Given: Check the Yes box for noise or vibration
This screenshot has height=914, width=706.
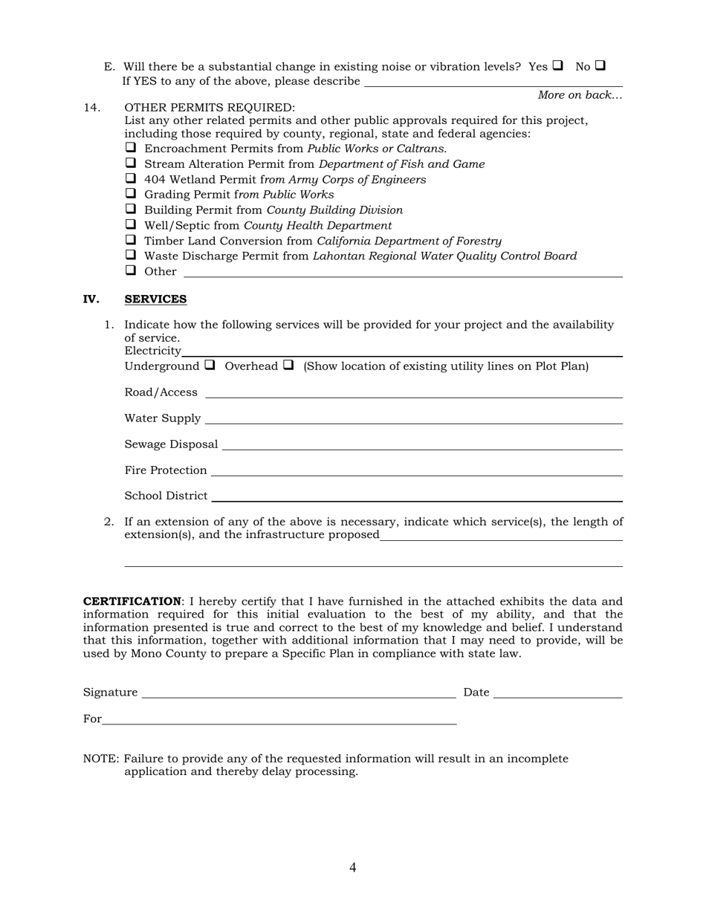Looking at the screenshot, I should (557, 65).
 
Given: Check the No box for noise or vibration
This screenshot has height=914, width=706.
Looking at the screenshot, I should (600, 65).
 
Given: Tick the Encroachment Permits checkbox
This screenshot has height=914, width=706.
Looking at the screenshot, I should (131, 147).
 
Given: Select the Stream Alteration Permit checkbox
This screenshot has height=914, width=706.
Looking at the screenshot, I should (131, 163).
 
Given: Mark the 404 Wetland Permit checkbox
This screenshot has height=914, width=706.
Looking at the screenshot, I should (131, 178).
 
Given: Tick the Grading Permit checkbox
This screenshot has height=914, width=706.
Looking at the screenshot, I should (131, 193).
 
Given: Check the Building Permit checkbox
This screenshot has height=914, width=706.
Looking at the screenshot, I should (131, 209).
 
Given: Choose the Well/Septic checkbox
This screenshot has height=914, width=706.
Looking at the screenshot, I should (131, 224).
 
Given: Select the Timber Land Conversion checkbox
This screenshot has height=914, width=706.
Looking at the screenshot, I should (131, 239).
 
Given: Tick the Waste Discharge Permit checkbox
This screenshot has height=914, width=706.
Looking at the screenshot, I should (131, 255).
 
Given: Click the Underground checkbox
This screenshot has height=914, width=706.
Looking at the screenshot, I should (210, 365).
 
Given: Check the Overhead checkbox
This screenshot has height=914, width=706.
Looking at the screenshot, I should (288, 365).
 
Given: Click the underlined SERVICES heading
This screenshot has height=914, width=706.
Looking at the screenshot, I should (155, 299).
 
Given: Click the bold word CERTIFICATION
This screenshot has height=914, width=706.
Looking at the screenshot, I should (132, 601).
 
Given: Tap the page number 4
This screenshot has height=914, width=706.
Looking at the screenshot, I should (352, 867).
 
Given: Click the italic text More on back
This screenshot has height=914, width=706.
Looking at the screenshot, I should (580, 95).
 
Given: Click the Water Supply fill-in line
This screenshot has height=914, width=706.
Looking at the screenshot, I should (413, 419).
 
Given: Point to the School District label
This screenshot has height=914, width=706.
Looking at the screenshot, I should (166, 496).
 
